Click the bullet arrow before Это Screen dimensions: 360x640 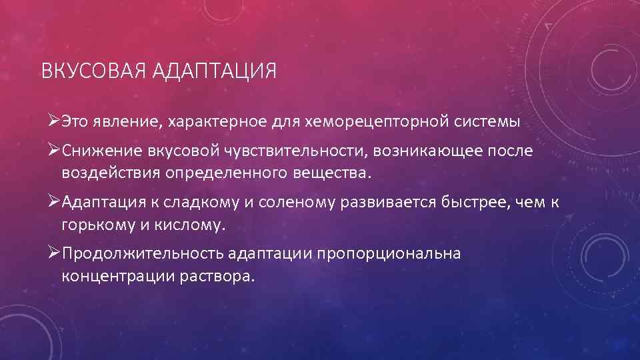55,122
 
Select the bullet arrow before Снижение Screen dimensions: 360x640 55,151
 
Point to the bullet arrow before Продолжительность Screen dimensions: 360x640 55,254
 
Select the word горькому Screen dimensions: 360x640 100,225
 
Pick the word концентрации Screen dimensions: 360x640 116,277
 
